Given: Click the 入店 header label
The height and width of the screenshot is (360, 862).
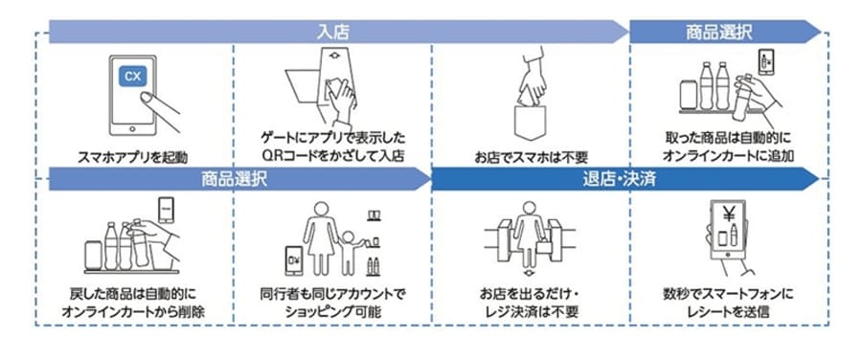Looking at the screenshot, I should tap(333, 31).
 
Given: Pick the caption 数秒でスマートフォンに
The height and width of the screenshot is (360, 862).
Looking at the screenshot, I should tap(728, 294).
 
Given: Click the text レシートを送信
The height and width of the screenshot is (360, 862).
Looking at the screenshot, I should tap(728, 311).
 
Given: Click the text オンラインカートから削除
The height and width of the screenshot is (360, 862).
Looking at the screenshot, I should tap(134, 311).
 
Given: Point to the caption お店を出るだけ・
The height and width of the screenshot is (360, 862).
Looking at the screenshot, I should tap(532, 294).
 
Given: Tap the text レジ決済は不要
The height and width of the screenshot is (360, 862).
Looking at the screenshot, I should tap(532, 311).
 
